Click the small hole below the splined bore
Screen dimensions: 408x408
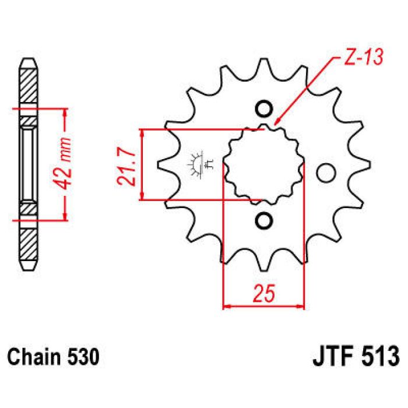pyautogui.click(x=264, y=220)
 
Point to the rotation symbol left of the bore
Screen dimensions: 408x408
pyautogui.click(x=198, y=165)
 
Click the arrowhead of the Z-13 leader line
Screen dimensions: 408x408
pyautogui.click(x=276, y=123)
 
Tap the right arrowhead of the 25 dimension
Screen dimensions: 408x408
pyautogui.click(x=302, y=305)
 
